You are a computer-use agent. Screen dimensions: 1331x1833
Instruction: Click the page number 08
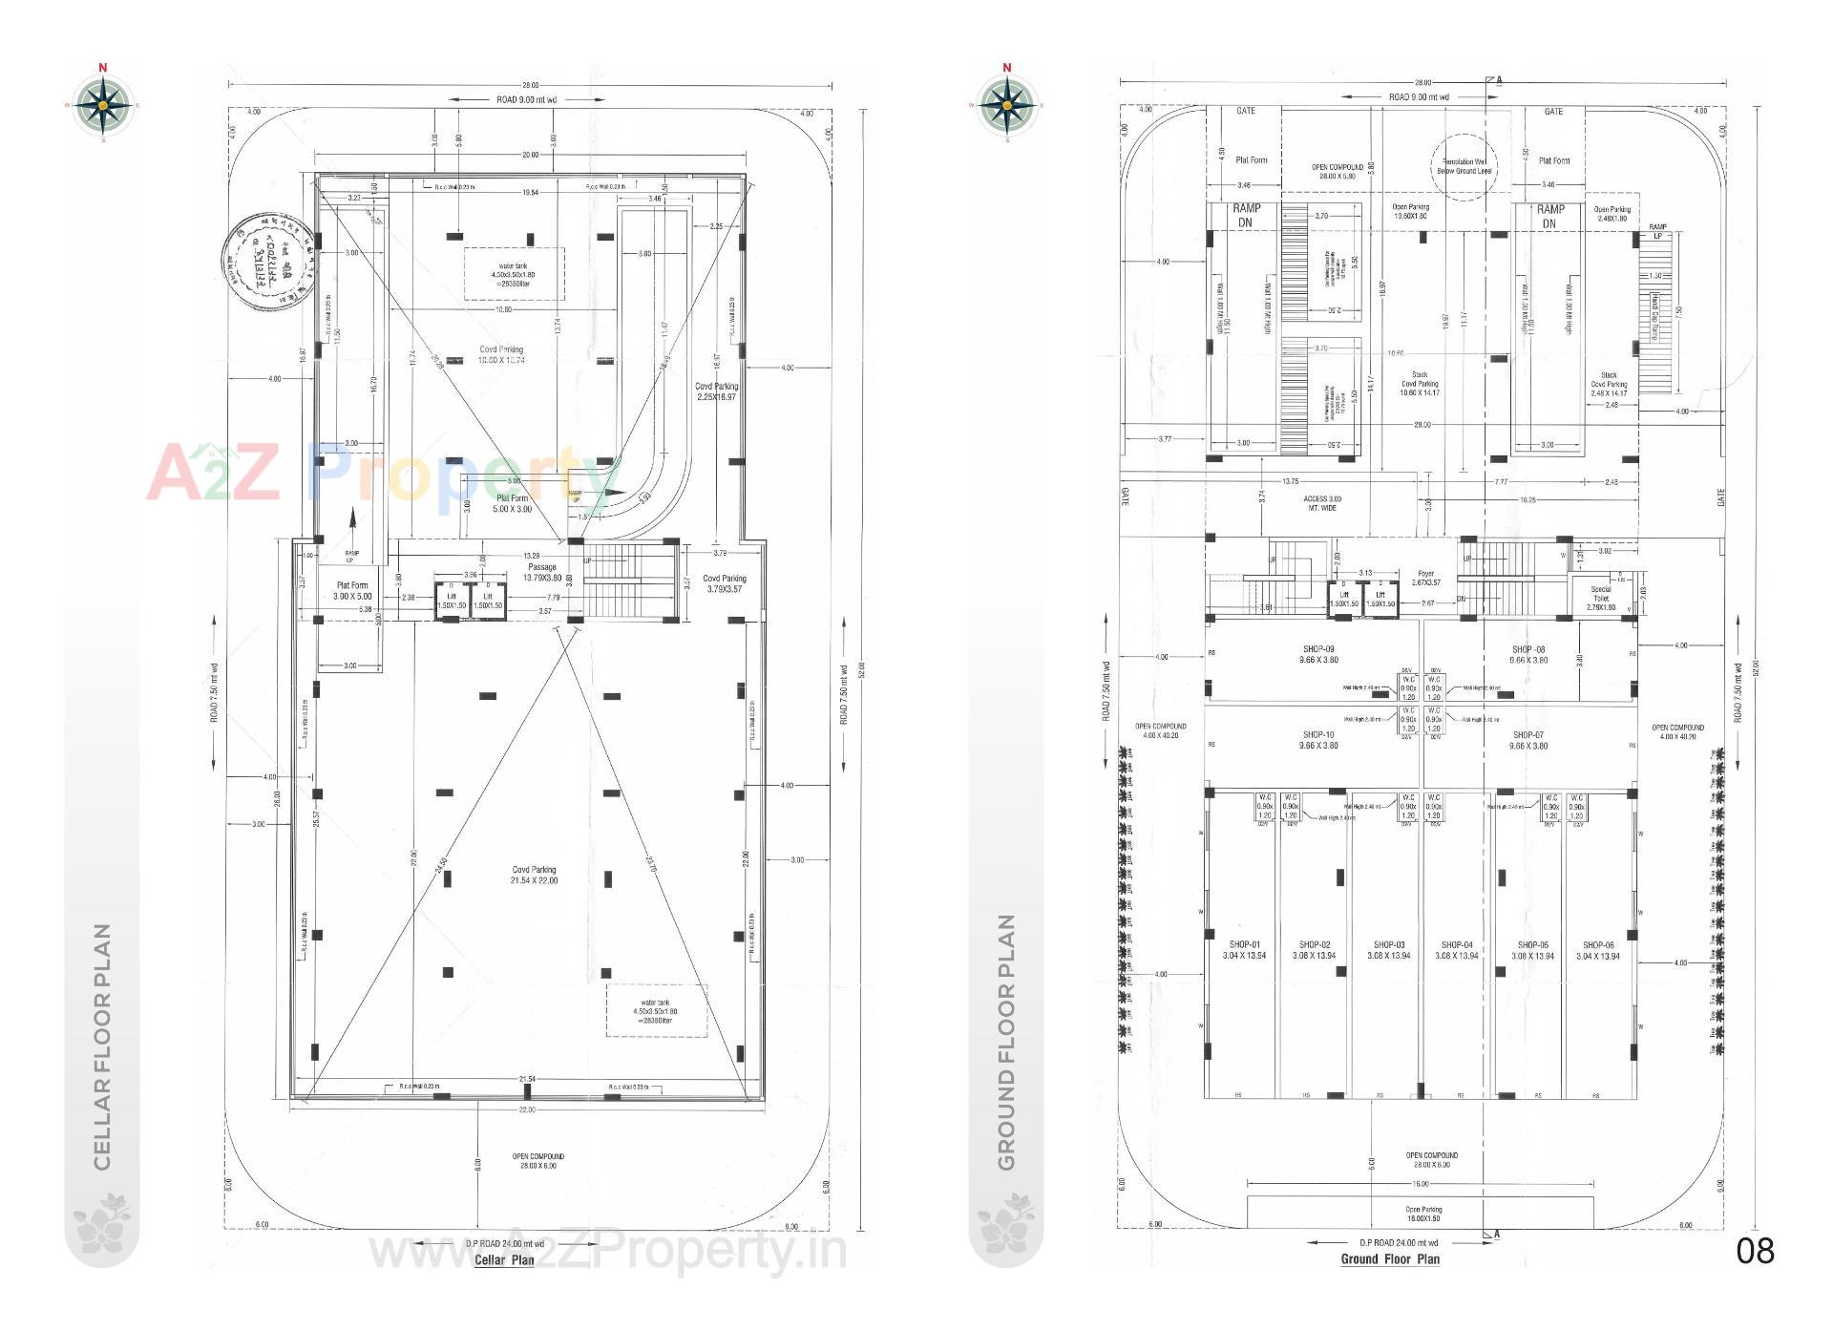[x=1754, y=1251]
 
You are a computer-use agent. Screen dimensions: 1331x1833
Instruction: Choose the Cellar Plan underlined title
[x=504, y=1259]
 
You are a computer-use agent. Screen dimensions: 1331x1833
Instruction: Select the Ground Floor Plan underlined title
[x=1389, y=1258]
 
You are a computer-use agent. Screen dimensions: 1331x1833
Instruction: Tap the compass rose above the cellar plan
[x=102, y=103]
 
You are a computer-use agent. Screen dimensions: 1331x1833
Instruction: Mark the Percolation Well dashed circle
[x=1464, y=166]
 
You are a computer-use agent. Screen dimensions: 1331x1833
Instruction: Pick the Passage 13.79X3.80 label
[x=542, y=572]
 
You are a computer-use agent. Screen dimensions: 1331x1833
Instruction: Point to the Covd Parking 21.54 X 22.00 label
[x=534, y=875]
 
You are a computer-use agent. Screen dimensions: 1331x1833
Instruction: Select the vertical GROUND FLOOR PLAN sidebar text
[x=1006, y=1042]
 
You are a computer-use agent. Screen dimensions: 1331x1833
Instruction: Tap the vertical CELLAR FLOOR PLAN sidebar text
[x=102, y=1046]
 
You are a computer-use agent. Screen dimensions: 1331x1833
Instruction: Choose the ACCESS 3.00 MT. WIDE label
[x=1322, y=503]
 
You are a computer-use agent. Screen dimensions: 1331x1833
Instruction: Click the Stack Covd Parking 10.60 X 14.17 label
[x=1420, y=384]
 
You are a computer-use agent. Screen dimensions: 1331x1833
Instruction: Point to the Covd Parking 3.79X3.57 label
[x=725, y=583]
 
